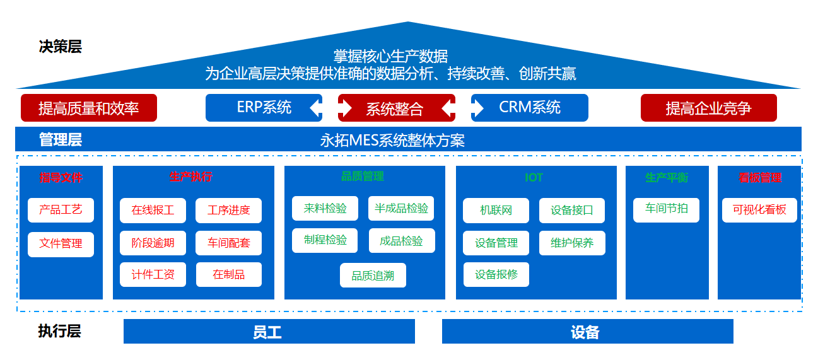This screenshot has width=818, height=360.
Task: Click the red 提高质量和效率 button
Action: (x=88, y=108)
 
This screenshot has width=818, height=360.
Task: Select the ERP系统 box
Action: (x=264, y=108)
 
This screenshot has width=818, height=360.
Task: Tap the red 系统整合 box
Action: (x=395, y=108)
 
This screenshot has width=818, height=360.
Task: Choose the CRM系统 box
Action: (x=530, y=108)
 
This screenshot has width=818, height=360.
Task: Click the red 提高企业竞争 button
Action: (x=708, y=108)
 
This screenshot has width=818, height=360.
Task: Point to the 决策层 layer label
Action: (x=60, y=47)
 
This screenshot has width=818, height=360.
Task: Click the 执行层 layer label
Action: (x=59, y=331)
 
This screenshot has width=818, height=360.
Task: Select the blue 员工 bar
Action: (x=269, y=332)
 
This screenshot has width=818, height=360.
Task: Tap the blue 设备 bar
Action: (x=587, y=332)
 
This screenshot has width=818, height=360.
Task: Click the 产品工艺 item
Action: (x=61, y=210)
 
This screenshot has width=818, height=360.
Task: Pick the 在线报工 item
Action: (x=153, y=211)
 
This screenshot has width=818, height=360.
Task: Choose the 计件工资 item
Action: (x=153, y=275)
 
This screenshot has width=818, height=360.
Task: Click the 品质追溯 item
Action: (x=373, y=276)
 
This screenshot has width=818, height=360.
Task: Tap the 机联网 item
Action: (x=496, y=211)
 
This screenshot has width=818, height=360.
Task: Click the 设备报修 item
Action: (x=496, y=275)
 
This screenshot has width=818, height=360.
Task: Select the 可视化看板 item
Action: (x=759, y=210)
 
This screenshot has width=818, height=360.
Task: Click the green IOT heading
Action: (x=534, y=178)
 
